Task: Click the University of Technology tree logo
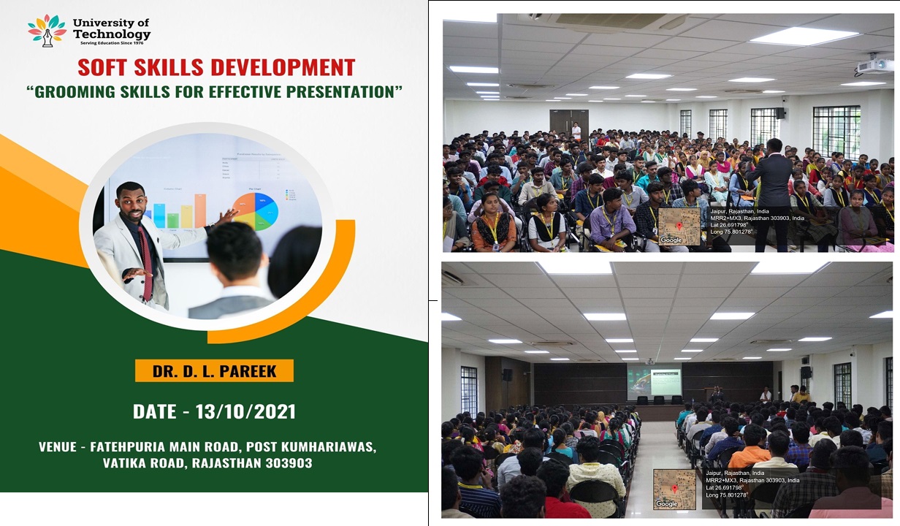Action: coord(46,30)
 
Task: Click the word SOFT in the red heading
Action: coord(104,68)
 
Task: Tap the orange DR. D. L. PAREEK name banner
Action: coord(214,371)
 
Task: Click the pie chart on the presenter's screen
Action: coord(255,210)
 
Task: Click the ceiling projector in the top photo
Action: coord(874,66)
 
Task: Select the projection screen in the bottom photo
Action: coord(655,381)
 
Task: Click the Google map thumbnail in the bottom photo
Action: coord(674,489)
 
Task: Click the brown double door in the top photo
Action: coord(568,123)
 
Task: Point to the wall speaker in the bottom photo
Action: coord(506,374)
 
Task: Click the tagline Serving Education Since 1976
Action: coord(111,43)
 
